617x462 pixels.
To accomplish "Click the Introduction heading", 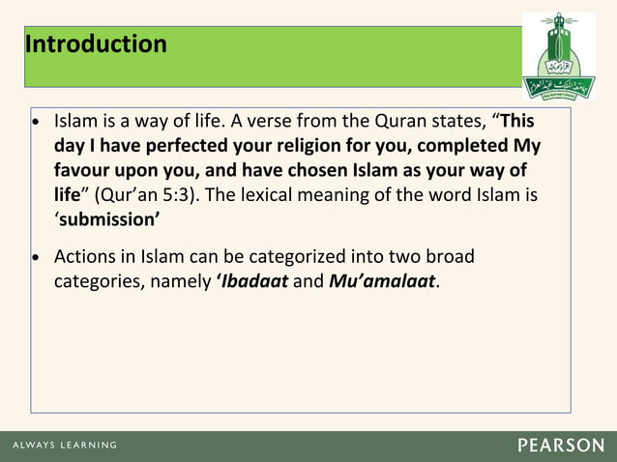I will point(96,44).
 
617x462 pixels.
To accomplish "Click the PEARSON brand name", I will point(560,446).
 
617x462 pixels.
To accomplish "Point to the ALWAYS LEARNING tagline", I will point(65,446).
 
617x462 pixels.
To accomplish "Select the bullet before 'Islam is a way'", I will point(37,125).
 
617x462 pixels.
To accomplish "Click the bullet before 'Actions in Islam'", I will point(37,259).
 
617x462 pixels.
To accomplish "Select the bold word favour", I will point(85,171).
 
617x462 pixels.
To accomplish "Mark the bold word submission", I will point(107,218).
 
